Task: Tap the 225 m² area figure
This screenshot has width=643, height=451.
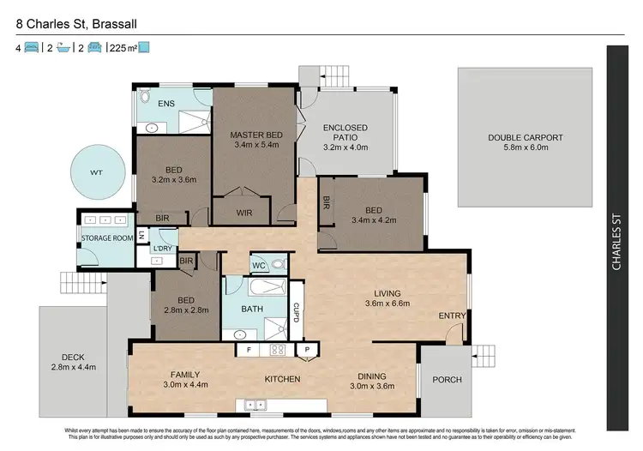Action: [122, 47]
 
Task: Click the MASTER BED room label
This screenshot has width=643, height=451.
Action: [256, 135]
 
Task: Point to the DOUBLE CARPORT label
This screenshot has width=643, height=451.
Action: [525, 137]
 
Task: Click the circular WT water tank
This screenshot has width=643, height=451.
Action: [97, 172]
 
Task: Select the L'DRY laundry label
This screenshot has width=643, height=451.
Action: [163, 249]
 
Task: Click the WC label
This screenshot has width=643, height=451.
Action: [260, 266]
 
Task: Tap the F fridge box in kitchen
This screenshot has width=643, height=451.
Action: [248, 349]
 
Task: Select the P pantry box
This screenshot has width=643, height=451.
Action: [306, 349]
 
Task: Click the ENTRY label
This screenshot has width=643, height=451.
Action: [452, 316]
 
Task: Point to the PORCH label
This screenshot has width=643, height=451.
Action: [447, 379]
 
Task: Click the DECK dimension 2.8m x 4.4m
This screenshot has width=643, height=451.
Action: [72, 367]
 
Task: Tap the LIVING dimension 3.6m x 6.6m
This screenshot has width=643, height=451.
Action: [388, 304]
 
